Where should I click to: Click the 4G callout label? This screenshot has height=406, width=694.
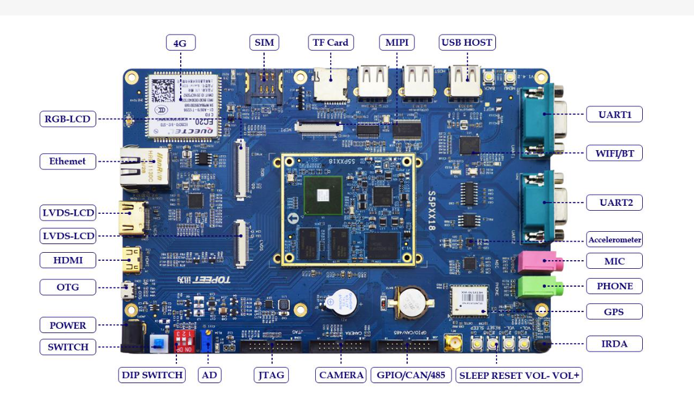tap(180, 43)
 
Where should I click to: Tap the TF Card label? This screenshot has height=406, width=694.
tap(331, 43)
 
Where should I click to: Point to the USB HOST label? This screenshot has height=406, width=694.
tap(467, 43)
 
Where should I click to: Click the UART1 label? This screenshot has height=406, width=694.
tap(614, 114)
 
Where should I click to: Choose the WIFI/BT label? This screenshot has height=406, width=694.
tap(614, 153)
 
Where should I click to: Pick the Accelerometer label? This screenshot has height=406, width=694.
tap(614, 240)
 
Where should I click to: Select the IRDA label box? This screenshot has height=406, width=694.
tap(614, 344)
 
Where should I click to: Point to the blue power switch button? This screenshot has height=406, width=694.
tap(159, 343)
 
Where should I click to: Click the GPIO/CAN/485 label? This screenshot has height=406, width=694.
tap(410, 375)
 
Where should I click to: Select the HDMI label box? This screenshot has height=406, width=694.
tap(68, 260)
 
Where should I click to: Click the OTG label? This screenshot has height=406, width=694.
tap(68, 287)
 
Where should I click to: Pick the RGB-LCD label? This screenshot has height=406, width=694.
tap(68, 119)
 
